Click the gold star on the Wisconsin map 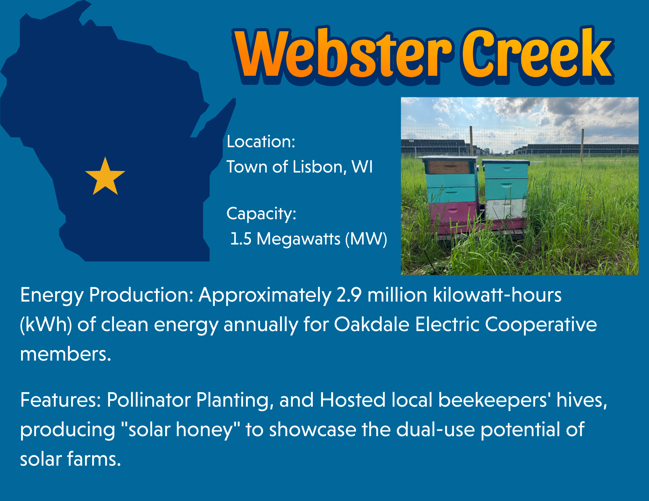(x=105, y=177)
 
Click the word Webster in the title (x=344, y=54)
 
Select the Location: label (x=261, y=142)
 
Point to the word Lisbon (x=317, y=167)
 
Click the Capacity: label (x=261, y=214)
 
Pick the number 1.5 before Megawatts (x=240, y=239)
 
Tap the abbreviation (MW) (x=366, y=239)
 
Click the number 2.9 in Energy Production (x=349, y=295)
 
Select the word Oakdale (x=372, y=324)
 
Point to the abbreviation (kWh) (x=46, y=325)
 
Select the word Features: (x=61, y=400)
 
